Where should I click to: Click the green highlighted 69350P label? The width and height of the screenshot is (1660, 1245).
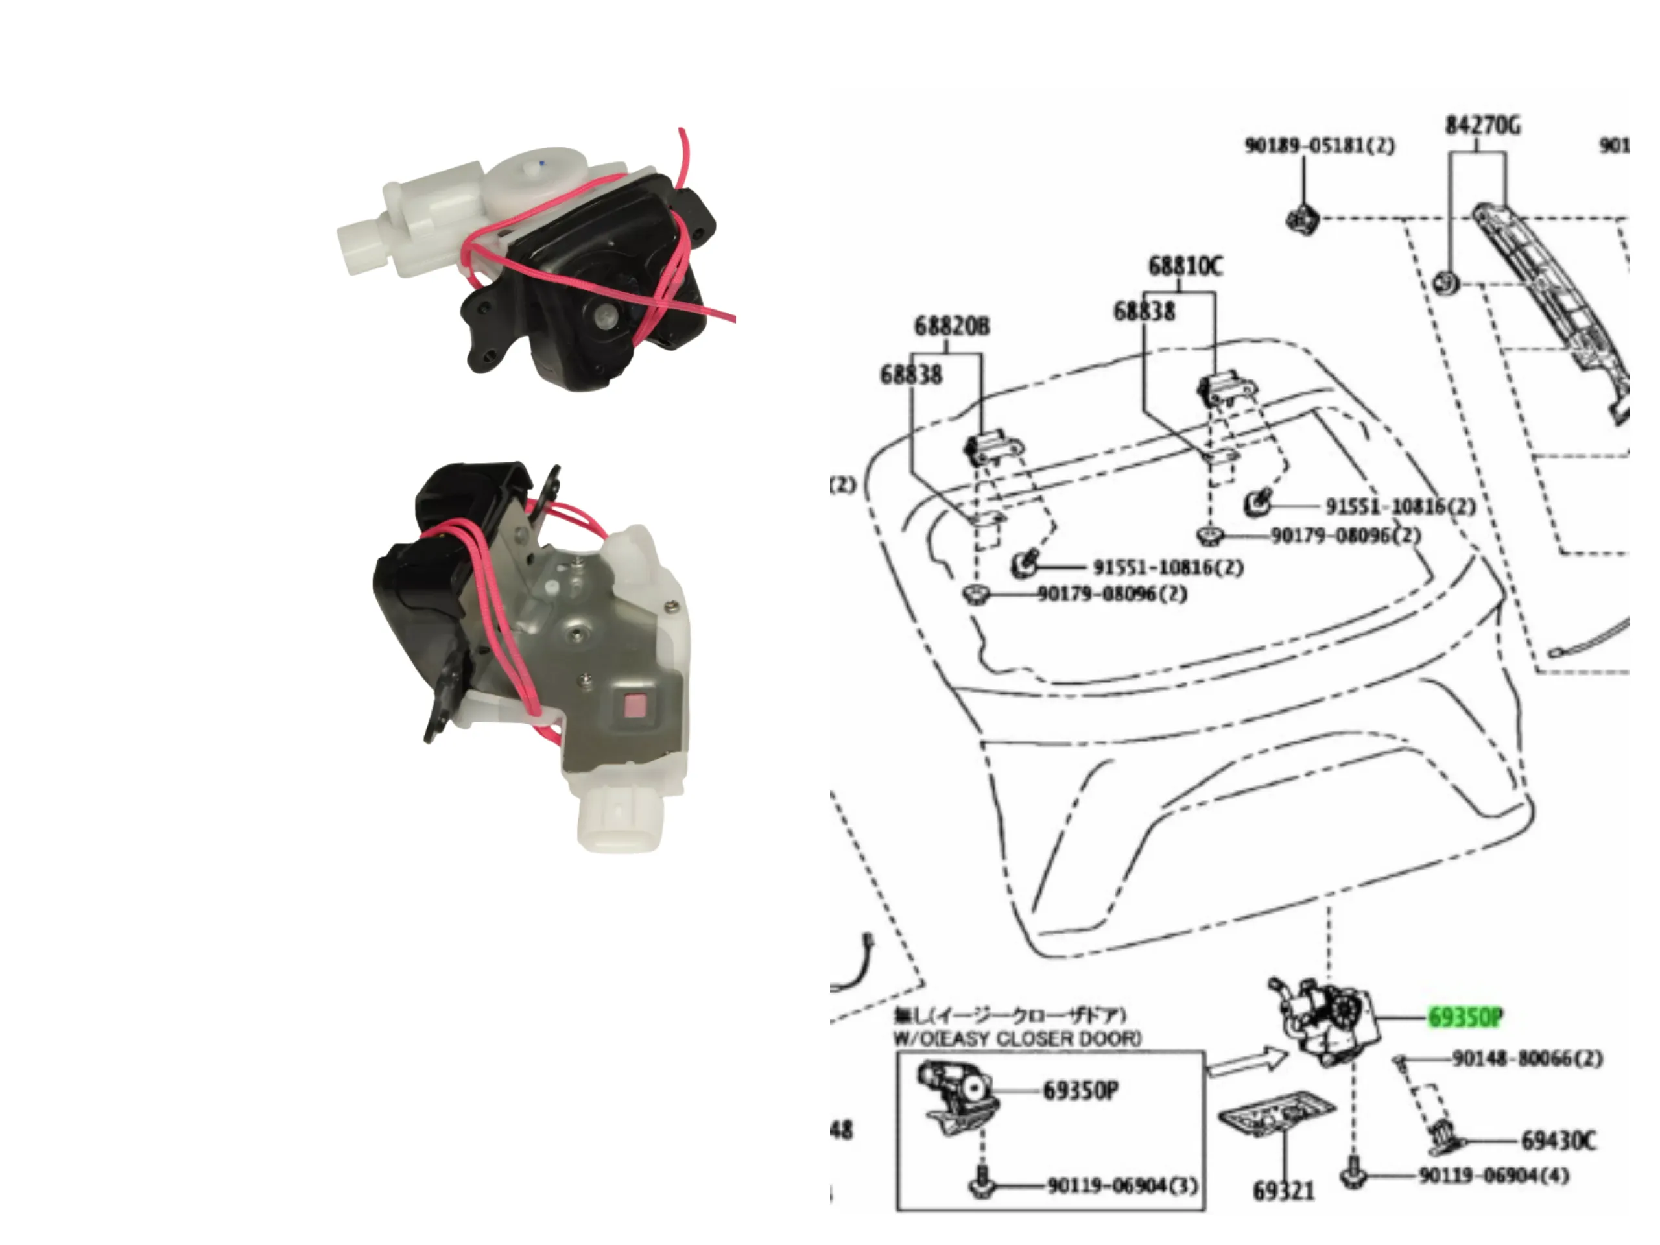pos(1464,1017)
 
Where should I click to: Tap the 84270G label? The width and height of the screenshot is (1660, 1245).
pos(1482,125)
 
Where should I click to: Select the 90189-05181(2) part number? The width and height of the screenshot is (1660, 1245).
pos(1320,146)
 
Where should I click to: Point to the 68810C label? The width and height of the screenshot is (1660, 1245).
pos(1185,267)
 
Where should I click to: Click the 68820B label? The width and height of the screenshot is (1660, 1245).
pos(951,326)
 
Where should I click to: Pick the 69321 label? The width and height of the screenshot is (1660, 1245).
pos(1283,1191)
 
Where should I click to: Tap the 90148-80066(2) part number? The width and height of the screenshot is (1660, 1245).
pos(1527,1059)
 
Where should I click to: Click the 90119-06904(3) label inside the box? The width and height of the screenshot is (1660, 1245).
pos(1122,1187)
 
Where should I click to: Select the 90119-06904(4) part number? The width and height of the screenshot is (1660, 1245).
pos(1493,1175)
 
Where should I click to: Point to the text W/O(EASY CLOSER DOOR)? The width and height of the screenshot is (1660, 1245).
pos(1017,1039)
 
